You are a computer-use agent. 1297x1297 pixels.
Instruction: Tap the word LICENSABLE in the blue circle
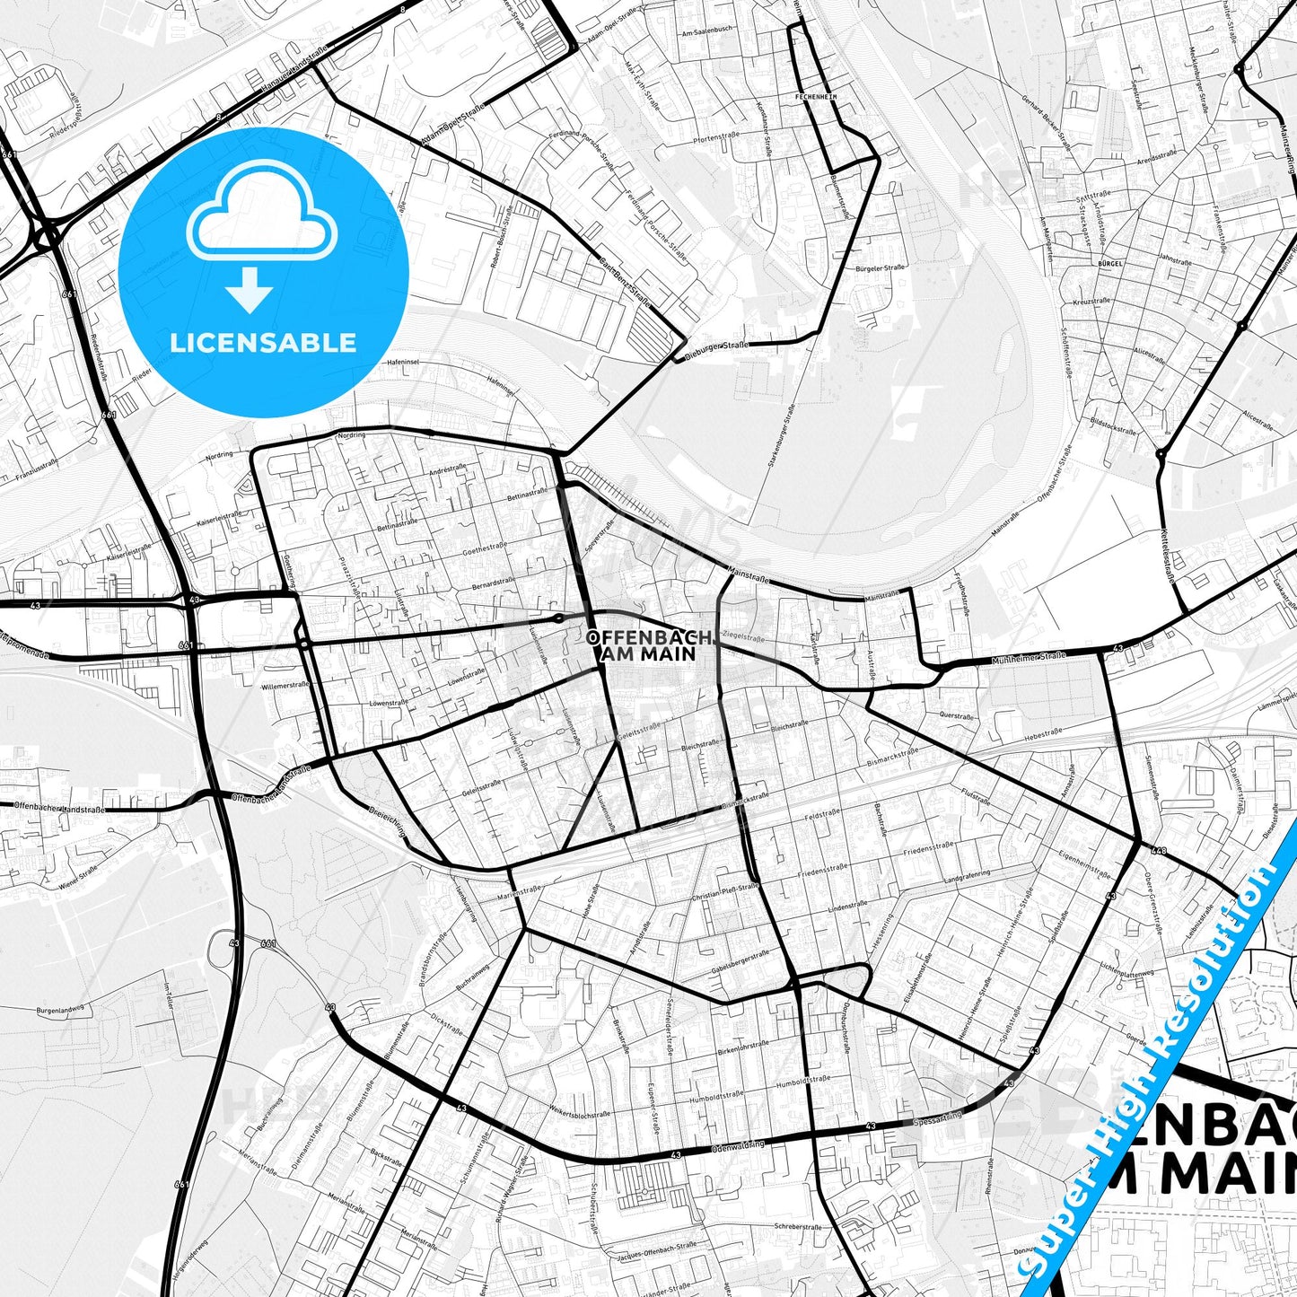[263, 343]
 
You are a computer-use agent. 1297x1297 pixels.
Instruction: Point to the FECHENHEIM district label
[816, 95]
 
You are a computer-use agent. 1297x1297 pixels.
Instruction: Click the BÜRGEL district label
[1109, 264]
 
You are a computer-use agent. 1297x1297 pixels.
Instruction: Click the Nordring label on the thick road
[351, 435]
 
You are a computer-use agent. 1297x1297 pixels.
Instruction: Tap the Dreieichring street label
[388, 820]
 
